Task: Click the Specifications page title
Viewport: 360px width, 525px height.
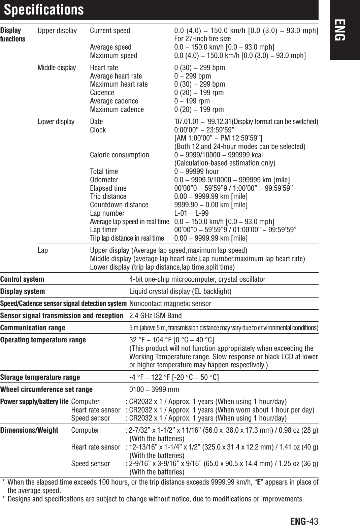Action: pos(44,10)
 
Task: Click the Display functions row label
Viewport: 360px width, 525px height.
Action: pos(12,34)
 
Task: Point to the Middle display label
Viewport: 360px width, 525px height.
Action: pos(57,68)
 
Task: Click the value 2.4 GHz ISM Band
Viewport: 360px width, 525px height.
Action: pos(155,316)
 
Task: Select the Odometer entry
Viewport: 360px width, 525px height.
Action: pos(104,180)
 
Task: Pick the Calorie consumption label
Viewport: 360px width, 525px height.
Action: pos(119,155)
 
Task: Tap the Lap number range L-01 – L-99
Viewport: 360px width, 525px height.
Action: pos(191,213)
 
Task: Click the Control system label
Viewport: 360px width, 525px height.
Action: pos(22,279)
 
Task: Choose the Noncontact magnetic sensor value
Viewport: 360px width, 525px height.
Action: pos(170,304)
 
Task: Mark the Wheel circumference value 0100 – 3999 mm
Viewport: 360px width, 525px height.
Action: pos(154,390)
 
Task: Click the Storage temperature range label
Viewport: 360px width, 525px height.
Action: pos(40,377)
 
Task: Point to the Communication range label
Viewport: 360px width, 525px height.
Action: pos(33,328)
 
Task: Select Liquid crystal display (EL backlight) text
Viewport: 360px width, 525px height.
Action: pos(180,291)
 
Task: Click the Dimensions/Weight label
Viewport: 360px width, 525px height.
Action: pos(29,430)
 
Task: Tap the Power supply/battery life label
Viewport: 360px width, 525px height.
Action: pos(34,402)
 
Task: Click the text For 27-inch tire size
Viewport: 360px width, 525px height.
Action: pos(202,39)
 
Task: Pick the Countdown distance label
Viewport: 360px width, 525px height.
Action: pos(119,205)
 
